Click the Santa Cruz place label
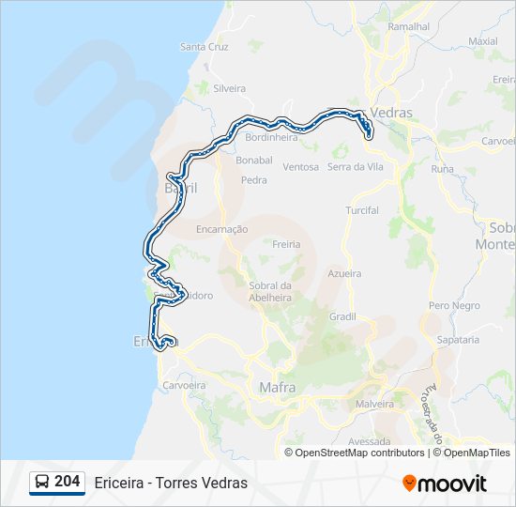pos(205,46)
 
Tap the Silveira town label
pos(230,88)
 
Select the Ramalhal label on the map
pos(408,27)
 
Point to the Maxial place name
pos(482,41)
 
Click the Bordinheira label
pos(271,137)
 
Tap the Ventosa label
pos(301,167)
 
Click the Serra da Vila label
pos(356,167)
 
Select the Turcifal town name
pos(362,210)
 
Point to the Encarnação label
pos(222,229)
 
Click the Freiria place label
pos(287,244)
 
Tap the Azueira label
pos(344,273)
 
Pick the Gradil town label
pos(342,316)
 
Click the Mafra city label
pos(277,387)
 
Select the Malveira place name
pos(375,404)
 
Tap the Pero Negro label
pos(454,306)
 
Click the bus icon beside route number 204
pos(42,483)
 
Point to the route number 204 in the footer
pos(67,482)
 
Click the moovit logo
pos(445,483)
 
